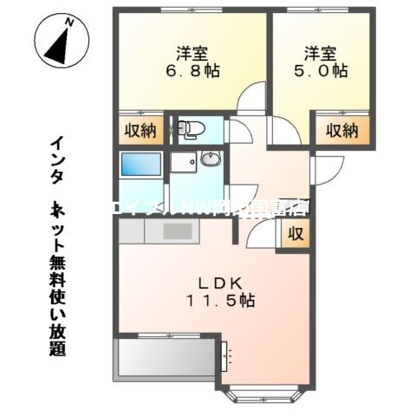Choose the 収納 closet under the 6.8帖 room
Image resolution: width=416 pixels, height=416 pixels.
click(140, 131)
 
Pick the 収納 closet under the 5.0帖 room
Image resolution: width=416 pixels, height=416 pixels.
click(342, 131)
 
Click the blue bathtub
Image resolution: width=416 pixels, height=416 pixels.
click(140, 164)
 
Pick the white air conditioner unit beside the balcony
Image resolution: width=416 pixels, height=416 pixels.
click(228, 353)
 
